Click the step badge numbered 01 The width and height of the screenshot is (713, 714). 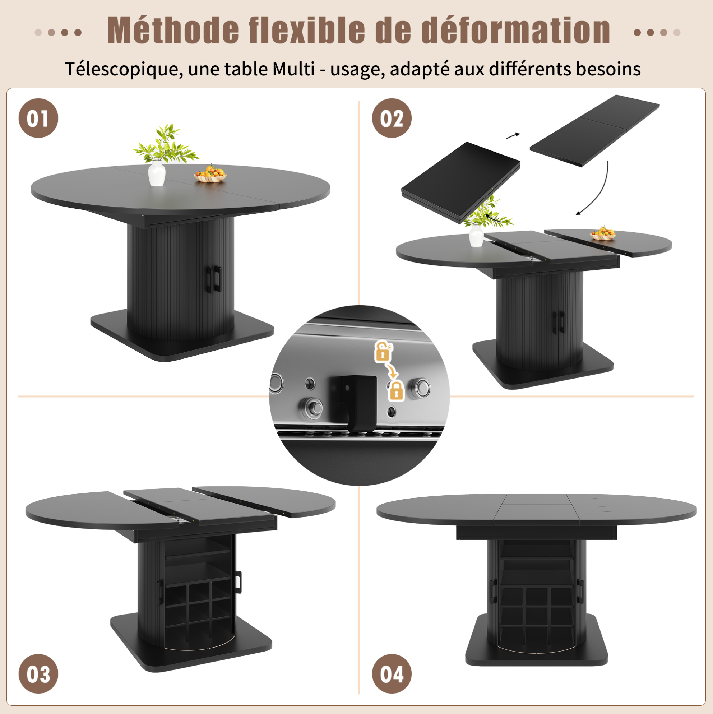click(x=38, y=118)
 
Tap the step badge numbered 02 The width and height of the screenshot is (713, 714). click(x=392, y=118)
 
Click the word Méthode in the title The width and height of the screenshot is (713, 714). click(x=173, y=30)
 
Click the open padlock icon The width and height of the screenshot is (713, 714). click(x=384, y=351)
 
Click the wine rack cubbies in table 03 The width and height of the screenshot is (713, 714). click(x=198, y=610)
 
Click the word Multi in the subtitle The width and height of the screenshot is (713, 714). click(x=294, y=69)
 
